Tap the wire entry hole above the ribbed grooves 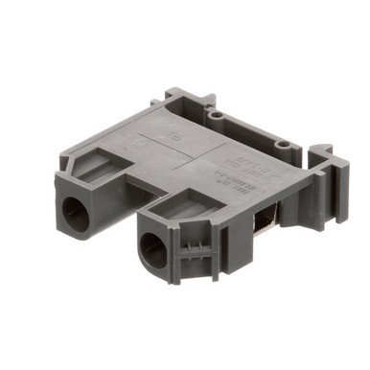pyautogui.click(x=153, y=251)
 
